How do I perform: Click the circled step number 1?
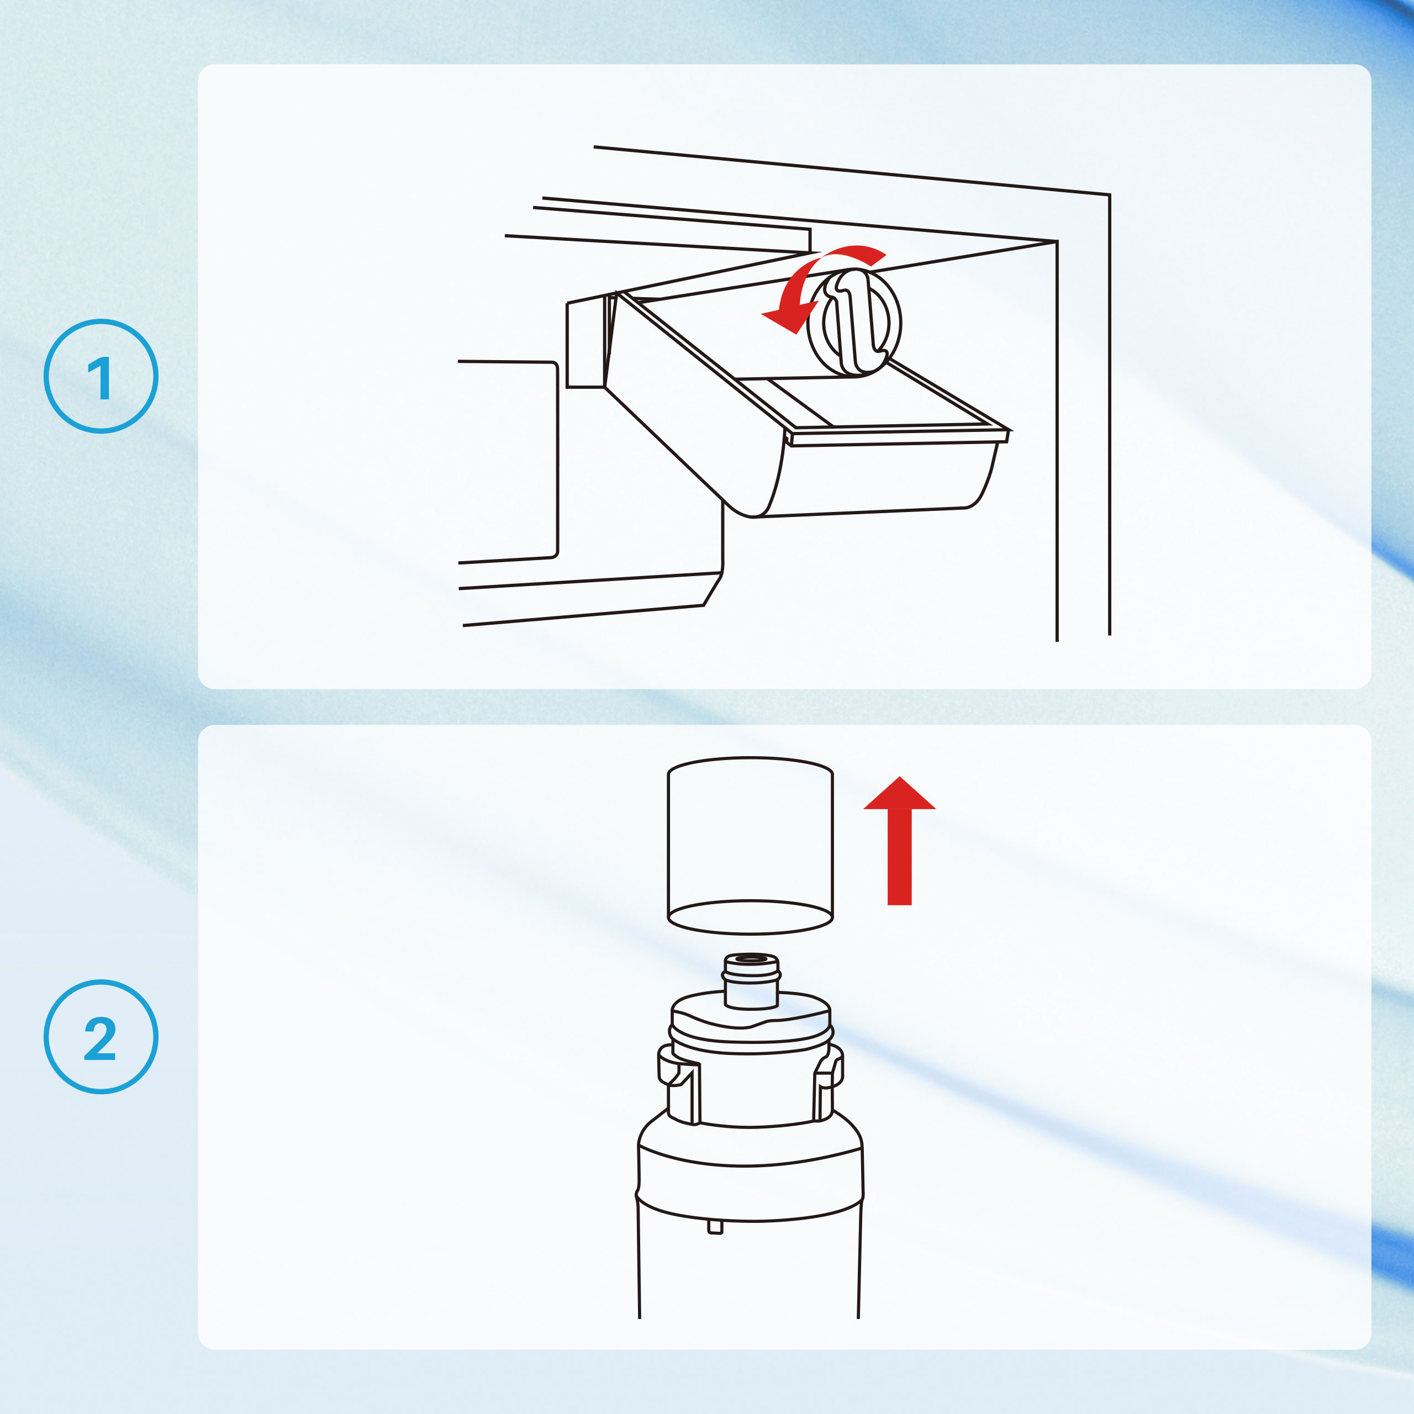coord(101,376)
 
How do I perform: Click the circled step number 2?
coord(101,1036)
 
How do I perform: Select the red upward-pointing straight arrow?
coord(899,840)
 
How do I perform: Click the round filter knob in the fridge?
coord(854,322)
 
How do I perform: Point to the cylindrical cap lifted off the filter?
coord(750,845)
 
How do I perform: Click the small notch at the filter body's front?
coord(715,1227)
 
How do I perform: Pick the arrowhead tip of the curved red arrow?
coord(763,315)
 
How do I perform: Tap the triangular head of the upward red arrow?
coord(899,793)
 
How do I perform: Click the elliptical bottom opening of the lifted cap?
coord(750,917)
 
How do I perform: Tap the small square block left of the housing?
coord(585,344)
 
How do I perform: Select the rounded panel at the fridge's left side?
coord(508,462)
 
